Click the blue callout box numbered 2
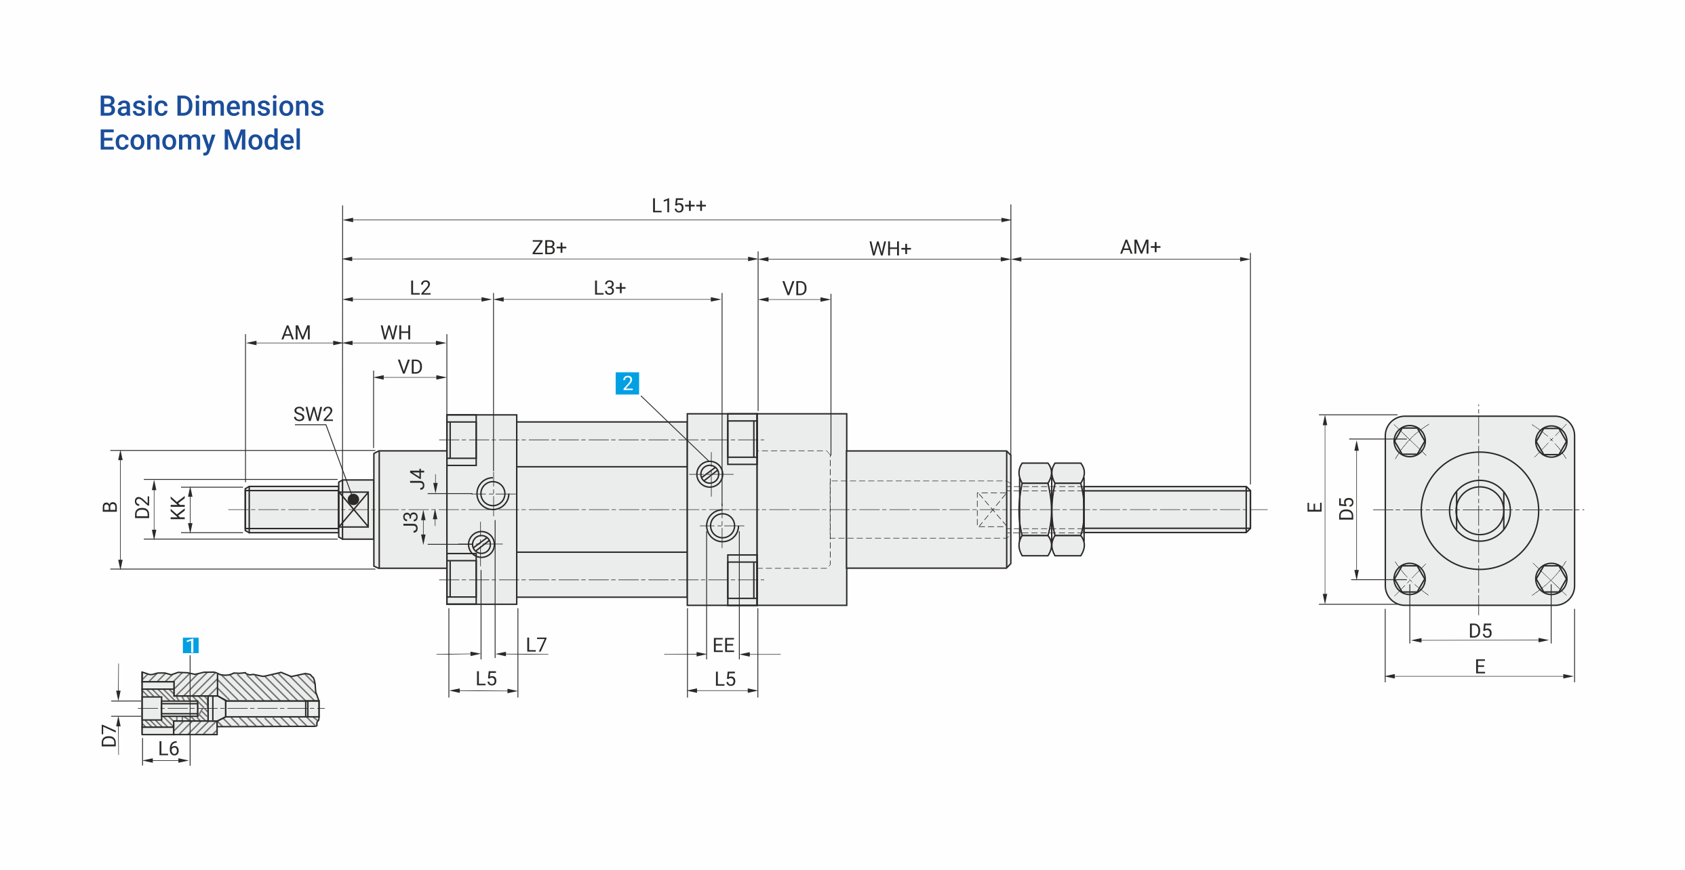pyautogui.click(x=627, y=384)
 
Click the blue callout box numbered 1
pyautogui.click(x=191, y=645)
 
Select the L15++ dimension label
pyautogui.click(x=679, y=206)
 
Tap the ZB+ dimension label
pyautogui.click(x=549, y=247)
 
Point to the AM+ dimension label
pyautogui.click(x=1141, y=247)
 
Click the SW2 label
pyautogui.click(x=313, y=414)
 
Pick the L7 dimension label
pyautogui.click(x=536, y=645)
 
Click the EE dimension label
pyautogui.click(x=723, y=645)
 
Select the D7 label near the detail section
pyautogui.click(x=109, y=735)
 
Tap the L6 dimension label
pyautogui.click(x=169, y=749)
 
